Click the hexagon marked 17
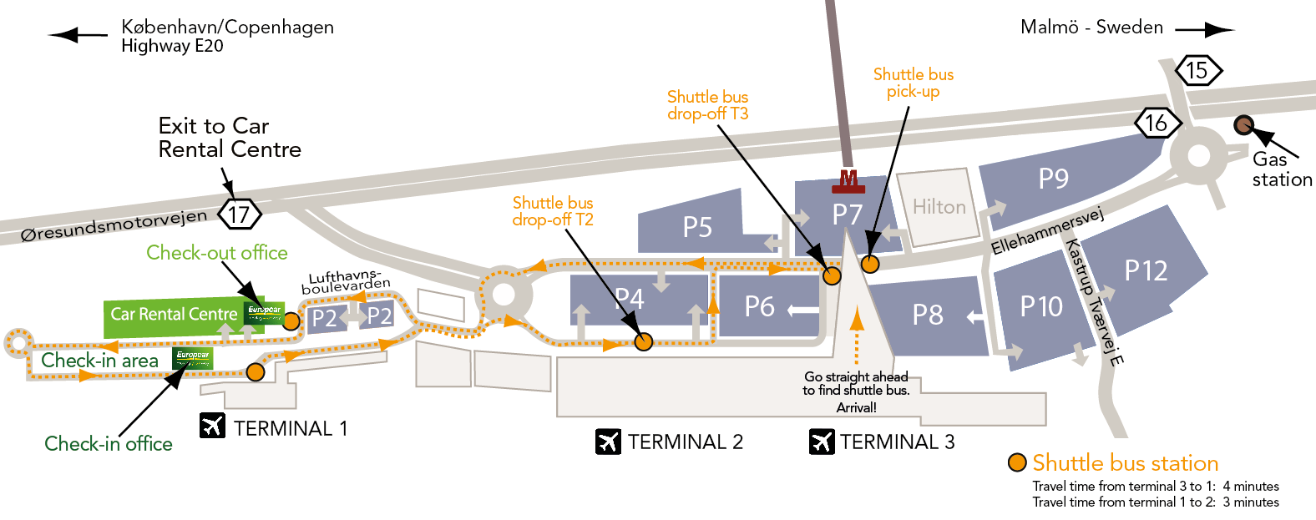tap(240, 215)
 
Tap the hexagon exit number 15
tap(1197, 70)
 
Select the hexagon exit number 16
tap(1157, 124)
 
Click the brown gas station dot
tap(1243, 125)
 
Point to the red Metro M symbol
tap(848, 179)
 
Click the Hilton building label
tap(939, 207)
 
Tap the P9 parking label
tap(1054, 179)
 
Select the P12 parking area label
tap(1146, 270)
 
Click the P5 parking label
tap(697, 227)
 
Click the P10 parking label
tap(1041, 306)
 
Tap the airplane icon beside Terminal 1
tap(213, 426)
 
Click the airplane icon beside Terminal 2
tap(608, 441)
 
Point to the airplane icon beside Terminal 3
tap(822, 441)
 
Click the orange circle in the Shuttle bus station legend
tap(1017, 462)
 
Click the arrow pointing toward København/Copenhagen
tap(78, 35)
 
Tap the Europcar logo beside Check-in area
tap(193, 358)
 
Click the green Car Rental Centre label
tap(175, 315)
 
